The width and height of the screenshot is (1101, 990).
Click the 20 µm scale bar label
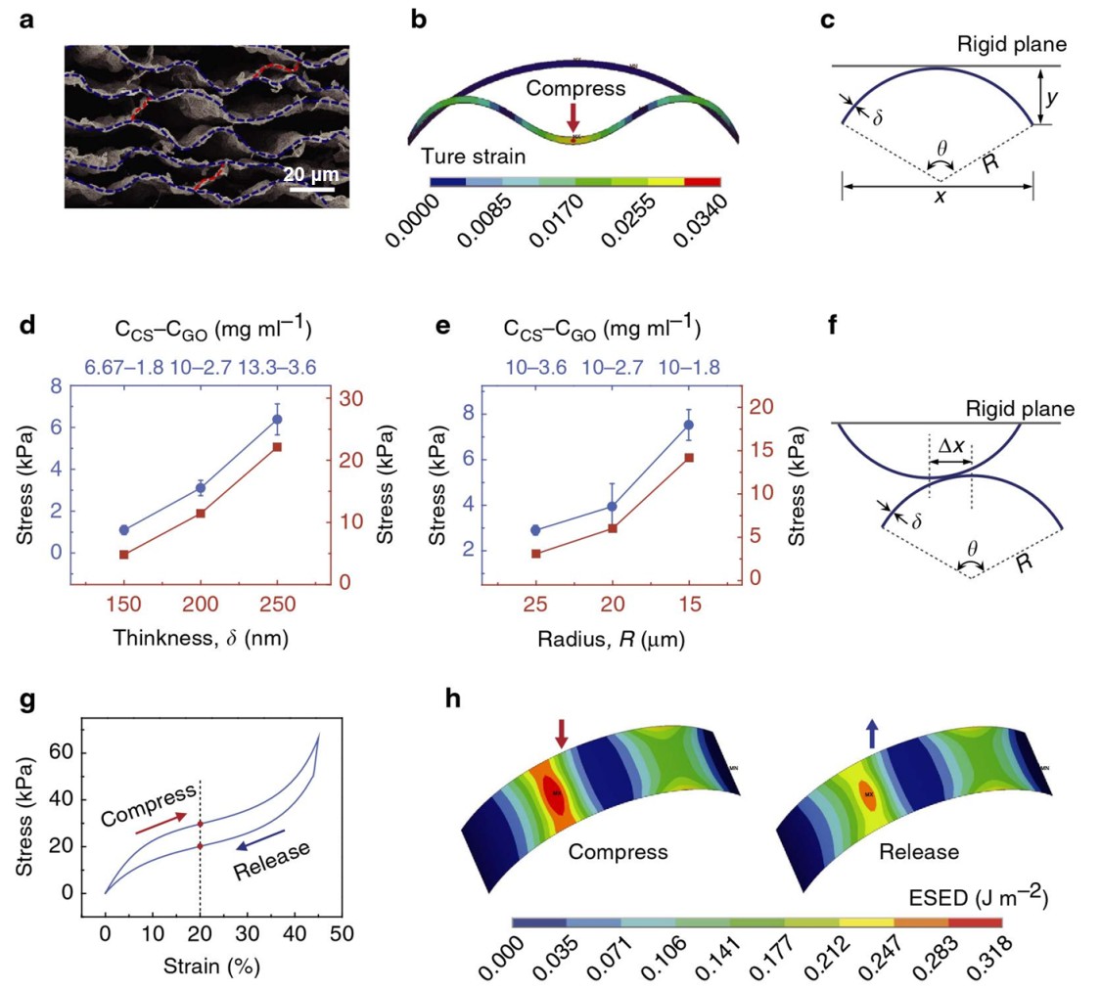[311, 174]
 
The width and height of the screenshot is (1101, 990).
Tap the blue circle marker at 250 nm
[277, 420]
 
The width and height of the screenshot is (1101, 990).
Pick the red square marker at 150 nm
[124, 555]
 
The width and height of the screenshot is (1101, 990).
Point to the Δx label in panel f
[950, 446]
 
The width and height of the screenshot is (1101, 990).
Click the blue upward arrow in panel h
[871, 732]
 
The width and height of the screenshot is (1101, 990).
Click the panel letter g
[27, 703]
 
